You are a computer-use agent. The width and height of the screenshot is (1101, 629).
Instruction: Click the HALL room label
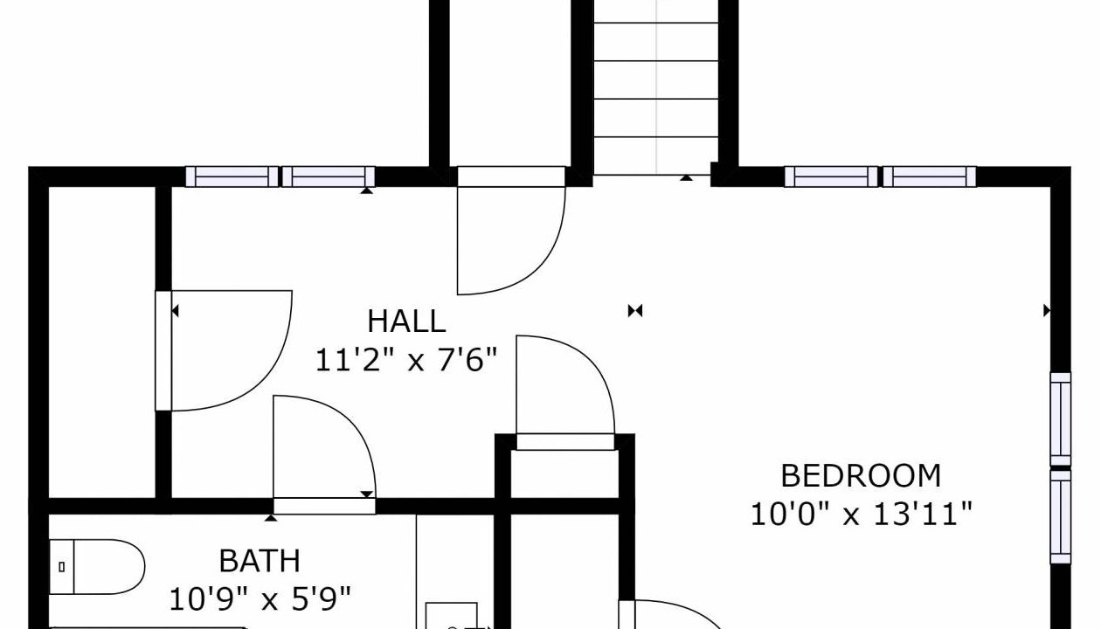[x=406, y=321]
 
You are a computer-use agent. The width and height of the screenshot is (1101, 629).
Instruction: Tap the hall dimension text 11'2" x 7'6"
[x=406, y=360]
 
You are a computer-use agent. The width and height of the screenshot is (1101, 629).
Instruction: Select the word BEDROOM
[x=861, y=475]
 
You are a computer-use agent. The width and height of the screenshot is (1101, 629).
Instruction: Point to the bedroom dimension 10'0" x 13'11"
[x=862, y=515]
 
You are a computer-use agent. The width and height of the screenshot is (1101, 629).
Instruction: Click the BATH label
[x=260, y=561]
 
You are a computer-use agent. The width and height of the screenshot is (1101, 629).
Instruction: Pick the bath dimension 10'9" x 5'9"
[x=260, y=599]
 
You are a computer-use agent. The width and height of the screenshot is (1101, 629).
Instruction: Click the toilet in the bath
[x=97, y=567]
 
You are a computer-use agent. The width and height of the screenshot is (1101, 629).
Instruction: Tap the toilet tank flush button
[x=61, y=567]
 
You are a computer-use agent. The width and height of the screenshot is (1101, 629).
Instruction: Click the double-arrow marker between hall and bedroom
[x=635, y=311]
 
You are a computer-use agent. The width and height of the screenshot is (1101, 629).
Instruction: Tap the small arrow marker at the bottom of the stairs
[x=686, y=177]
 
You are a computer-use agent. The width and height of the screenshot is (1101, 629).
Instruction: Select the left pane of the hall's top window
[x=232, y=176]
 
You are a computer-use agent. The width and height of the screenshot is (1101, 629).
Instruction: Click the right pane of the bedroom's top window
[x=930, y=176]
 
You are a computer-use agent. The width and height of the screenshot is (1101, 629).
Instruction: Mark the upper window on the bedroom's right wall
[x=1061, y=419]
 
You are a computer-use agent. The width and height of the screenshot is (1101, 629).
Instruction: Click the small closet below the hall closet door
[x=564, y=473]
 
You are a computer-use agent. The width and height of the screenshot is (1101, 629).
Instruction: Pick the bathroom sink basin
[x=451, y=616]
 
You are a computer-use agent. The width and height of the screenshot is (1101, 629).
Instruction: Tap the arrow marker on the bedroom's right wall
[x=1047, y=311]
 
